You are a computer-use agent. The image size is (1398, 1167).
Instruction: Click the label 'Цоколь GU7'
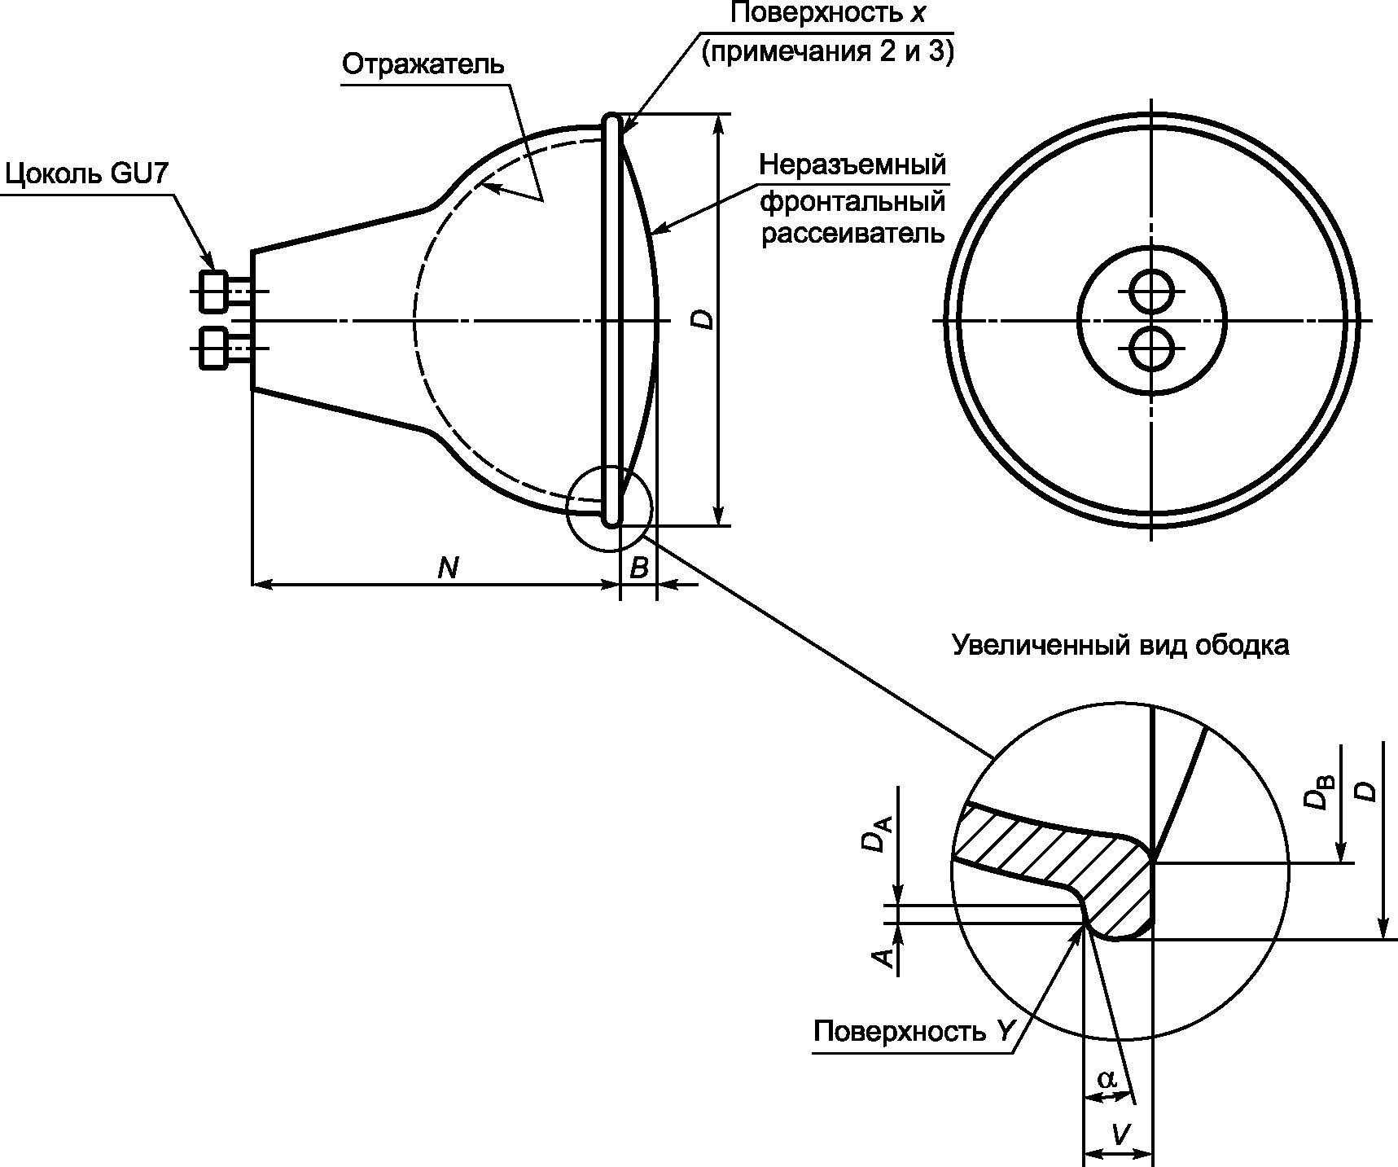pyautogui.click(x=87, y=175)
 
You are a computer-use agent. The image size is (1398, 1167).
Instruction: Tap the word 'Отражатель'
pyautogui.click(x=423, y=64)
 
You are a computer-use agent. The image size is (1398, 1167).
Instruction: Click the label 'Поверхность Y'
pyautogui.click(x=914, y=1032)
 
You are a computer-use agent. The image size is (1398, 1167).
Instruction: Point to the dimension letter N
pyautogui.click(x=447, y=568)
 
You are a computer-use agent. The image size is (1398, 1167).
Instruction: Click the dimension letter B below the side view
pyautogui.click(x=639, y=568)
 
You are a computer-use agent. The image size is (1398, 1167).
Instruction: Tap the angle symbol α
pyautogui.click(x=1107, y=1079)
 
